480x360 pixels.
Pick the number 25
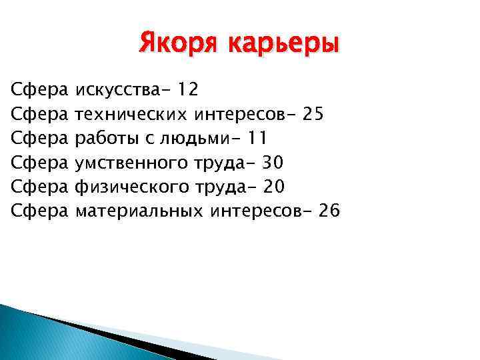tap(313, 114)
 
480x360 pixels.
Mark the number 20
tap(273, 187)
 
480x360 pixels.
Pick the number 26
tap(329, 211)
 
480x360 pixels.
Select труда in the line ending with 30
tap(213, 163)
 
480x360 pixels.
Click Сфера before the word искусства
tap(40, 89)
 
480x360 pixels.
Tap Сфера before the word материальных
tap(40, 211)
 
